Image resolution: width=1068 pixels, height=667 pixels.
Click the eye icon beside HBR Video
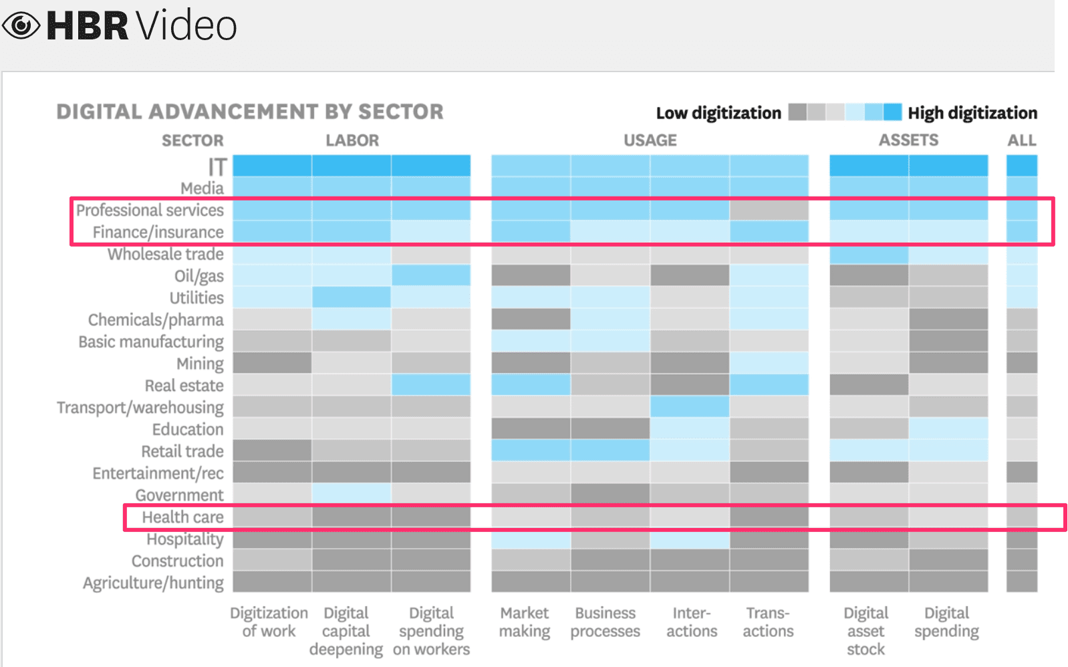21,25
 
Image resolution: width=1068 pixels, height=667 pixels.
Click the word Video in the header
187,25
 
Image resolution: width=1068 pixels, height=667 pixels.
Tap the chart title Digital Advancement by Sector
249,112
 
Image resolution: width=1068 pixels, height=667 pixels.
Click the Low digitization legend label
718,113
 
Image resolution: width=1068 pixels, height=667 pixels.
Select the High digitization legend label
972,113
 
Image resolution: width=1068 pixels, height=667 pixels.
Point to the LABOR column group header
352,140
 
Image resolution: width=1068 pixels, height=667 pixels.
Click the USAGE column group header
650,140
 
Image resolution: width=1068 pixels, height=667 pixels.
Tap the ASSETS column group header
908,140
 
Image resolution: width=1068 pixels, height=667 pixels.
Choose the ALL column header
1021,140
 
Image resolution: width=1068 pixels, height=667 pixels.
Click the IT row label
217,166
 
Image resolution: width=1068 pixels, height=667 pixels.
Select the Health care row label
182,517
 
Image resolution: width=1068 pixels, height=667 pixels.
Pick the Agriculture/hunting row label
153,583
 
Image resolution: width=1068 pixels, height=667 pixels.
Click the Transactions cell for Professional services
769,210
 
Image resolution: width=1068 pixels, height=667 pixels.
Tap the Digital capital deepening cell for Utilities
351,297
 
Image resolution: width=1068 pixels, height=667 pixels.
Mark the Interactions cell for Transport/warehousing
689,406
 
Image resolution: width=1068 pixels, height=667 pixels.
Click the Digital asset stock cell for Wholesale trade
868,254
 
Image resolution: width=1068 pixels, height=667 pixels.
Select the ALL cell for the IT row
1021,166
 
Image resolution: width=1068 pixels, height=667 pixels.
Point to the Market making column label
525,622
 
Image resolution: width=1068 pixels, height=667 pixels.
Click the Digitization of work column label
269,622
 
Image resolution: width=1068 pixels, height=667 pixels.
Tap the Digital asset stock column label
865,631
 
